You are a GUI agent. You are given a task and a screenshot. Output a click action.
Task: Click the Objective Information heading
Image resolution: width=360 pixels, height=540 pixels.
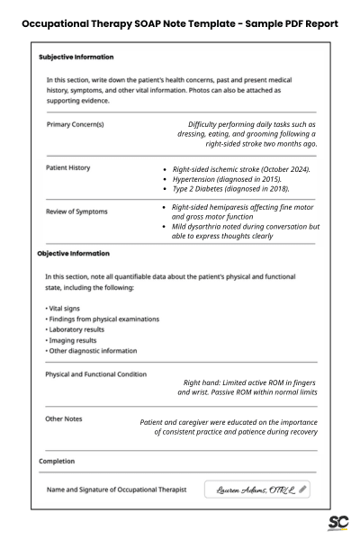point(73,253)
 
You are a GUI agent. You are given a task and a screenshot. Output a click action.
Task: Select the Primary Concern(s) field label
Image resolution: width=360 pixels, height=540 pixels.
point(75,124)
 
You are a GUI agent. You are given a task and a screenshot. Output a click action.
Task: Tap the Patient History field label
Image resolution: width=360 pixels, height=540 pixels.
point(67,167)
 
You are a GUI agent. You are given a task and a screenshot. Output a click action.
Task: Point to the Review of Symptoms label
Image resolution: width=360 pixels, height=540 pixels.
point(76,211)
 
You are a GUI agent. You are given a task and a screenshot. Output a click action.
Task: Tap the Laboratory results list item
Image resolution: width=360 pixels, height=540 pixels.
point(75,329)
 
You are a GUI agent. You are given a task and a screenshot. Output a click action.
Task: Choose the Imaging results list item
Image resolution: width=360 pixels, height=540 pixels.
point(70,340)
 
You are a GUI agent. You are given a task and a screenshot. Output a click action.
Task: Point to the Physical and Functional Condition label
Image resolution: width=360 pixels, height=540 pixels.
point(96,373)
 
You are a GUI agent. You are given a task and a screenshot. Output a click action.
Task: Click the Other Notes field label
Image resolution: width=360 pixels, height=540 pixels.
point(65,418)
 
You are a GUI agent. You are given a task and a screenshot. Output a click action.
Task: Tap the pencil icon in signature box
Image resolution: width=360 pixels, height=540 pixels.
point(302,490)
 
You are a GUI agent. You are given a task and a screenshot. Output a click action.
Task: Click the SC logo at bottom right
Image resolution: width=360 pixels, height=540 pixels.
point(337,524)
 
